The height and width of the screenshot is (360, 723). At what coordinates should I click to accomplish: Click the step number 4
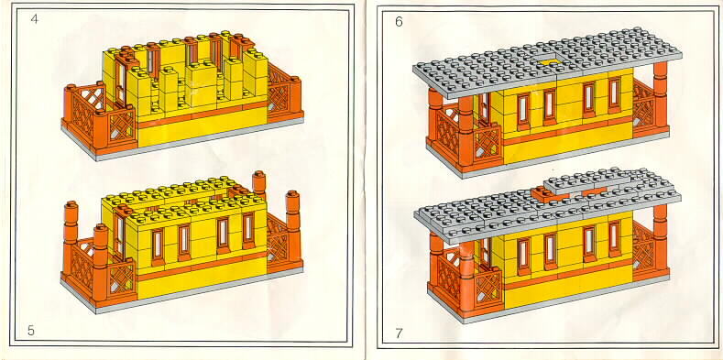[35, 19]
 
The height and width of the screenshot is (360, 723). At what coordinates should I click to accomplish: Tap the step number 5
[31, 331]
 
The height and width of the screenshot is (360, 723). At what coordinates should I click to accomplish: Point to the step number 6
[399, 22]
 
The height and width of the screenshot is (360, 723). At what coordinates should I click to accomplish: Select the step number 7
[399, 333]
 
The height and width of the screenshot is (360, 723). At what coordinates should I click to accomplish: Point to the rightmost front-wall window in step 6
[614, 96]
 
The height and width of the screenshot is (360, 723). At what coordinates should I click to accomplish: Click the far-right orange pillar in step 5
[292, 227]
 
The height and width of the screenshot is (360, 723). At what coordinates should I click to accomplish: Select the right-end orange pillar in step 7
[661, 237]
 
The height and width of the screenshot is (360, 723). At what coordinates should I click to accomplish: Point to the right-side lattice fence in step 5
[279, 240]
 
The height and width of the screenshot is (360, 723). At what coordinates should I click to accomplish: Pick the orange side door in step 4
[122, 83]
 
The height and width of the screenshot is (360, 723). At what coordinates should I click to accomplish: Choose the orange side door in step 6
[483, 109]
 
